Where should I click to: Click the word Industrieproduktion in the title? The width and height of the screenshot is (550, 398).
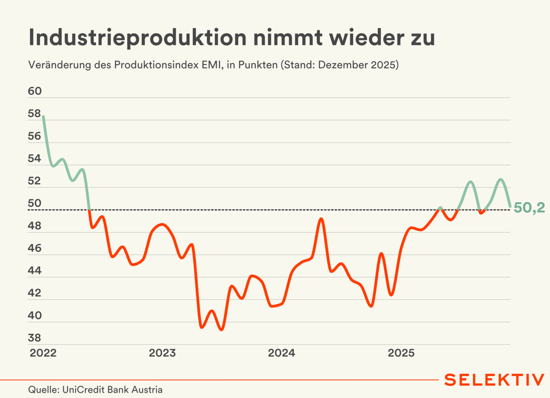(x=137, y=38)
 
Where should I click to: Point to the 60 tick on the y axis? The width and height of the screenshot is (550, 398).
(x=35, y=91)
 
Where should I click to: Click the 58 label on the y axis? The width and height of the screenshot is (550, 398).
(x=35, y=114)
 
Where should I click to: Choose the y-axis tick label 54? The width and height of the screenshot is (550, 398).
(x=35, y=159)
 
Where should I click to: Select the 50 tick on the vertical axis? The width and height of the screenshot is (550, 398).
(x=35, y=203)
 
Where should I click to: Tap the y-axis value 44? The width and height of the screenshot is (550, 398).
(x=35, y=270)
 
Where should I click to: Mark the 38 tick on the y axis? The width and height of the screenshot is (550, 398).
(x=35, y=338)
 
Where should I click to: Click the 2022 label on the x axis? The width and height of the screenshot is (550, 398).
(x=43, y=353)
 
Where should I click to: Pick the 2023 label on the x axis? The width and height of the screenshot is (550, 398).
(x=162, y=353)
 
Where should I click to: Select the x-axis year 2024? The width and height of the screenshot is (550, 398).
(x=282, y=353)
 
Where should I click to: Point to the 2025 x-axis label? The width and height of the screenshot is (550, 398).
(x=401, y=353)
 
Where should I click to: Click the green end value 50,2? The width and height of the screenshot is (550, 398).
(x=529, y=208)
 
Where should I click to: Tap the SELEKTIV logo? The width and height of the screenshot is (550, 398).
(x=494, y=380)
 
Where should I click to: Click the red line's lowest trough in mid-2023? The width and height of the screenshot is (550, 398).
(x=222, y=330)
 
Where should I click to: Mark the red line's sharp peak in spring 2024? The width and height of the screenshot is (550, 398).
(x=321, y=219)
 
